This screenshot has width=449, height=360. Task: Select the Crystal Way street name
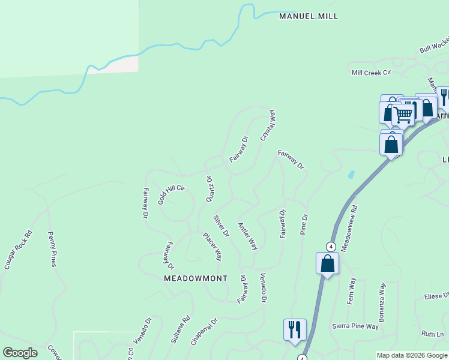coord(268,125)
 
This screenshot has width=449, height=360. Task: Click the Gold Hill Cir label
coord(172,195)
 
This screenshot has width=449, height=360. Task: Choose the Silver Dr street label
coord(221,225)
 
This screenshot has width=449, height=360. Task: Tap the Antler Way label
coord(247,236)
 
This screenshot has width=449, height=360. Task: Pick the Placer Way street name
coord(212,246)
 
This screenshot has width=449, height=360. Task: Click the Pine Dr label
coord(304,224)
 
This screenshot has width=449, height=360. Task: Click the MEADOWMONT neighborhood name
coord(196,278)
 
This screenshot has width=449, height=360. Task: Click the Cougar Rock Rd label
coord(17,248)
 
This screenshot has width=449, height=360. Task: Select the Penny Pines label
coord(52,250)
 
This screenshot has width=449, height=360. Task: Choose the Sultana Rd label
coord(180,329)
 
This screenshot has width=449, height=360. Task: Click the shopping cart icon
coord(404,113)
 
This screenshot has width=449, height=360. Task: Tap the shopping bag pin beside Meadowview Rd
coord(328,263)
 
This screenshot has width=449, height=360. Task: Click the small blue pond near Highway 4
coord(351,175)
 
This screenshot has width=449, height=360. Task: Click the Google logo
coord(20,353)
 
